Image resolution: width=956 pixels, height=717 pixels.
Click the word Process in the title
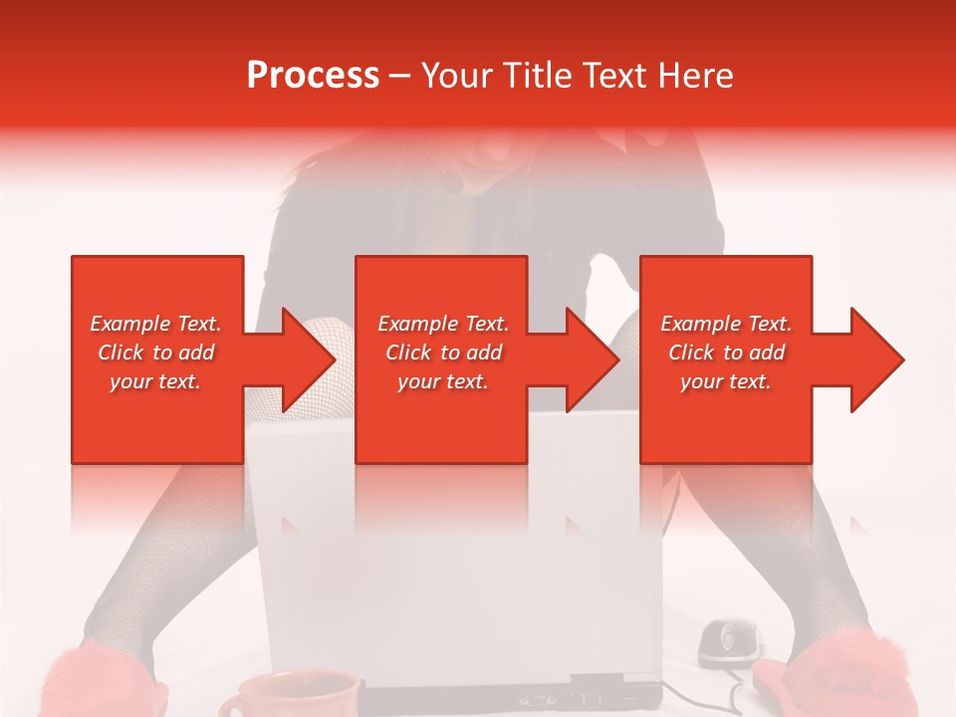[313, 75]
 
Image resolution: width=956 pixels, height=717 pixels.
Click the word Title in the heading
[538, 75]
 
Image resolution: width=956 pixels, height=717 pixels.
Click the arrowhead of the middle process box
[591, 359]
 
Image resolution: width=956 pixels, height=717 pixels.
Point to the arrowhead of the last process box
[875, 359]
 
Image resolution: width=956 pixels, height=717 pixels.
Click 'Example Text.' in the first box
[155, 324]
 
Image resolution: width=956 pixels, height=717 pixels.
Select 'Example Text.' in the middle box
[443, 324]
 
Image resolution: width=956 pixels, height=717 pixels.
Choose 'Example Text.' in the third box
[726, 324]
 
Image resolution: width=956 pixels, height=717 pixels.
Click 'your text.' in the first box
[155, 381]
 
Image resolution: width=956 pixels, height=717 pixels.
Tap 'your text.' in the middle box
[443, 381]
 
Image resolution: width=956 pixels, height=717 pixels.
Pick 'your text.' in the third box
[726, 381]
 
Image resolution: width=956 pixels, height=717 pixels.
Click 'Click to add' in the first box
[155, 353]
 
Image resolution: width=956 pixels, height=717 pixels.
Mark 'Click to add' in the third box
[726, 353]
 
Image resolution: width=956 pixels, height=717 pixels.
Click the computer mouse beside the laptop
[729, 641]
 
